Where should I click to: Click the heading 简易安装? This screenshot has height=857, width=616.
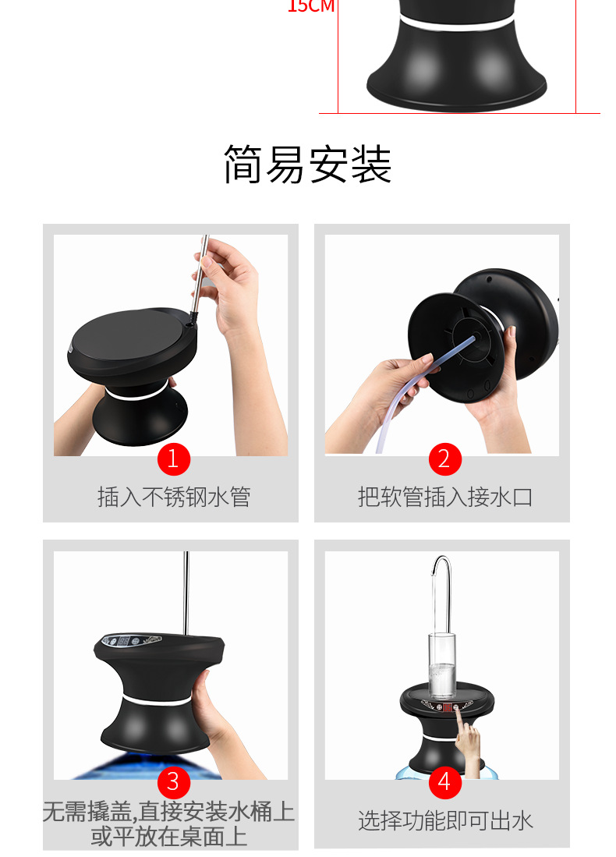307,165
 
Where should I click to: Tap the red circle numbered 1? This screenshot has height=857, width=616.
173,459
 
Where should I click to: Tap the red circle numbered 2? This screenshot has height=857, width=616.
444,459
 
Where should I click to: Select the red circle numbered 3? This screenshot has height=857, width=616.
173,781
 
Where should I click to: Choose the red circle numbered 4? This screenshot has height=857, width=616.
444,781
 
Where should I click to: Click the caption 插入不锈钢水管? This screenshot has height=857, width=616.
173,497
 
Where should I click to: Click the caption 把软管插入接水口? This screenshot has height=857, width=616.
444,497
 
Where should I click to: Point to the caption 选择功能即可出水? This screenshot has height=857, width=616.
444,820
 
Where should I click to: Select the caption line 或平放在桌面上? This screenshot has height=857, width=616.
169,837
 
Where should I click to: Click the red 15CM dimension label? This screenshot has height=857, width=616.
310,7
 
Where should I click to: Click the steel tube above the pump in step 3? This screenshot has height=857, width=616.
186,593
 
